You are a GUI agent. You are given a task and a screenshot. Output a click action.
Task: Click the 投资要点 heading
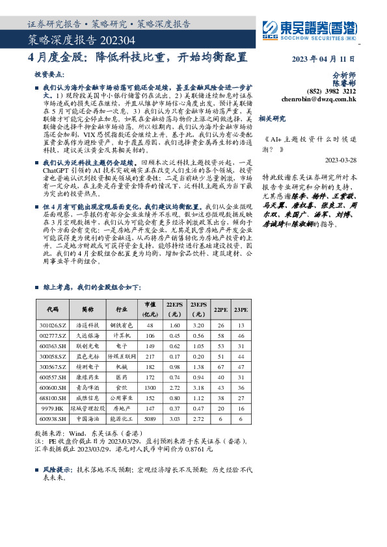(50, 75)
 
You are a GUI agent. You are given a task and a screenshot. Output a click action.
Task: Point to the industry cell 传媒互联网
(121, 357)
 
